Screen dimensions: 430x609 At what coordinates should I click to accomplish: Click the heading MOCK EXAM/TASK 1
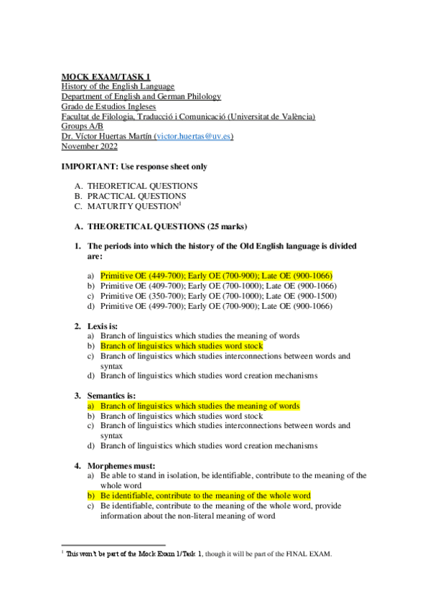coord(106,76)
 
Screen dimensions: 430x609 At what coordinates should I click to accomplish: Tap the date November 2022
coord(89,147)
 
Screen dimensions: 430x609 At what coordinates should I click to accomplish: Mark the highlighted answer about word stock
coord(182,346)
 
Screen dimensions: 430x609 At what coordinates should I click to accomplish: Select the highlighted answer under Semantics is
coord(200,406)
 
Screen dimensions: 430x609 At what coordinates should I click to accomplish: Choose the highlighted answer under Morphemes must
coord(205,496)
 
